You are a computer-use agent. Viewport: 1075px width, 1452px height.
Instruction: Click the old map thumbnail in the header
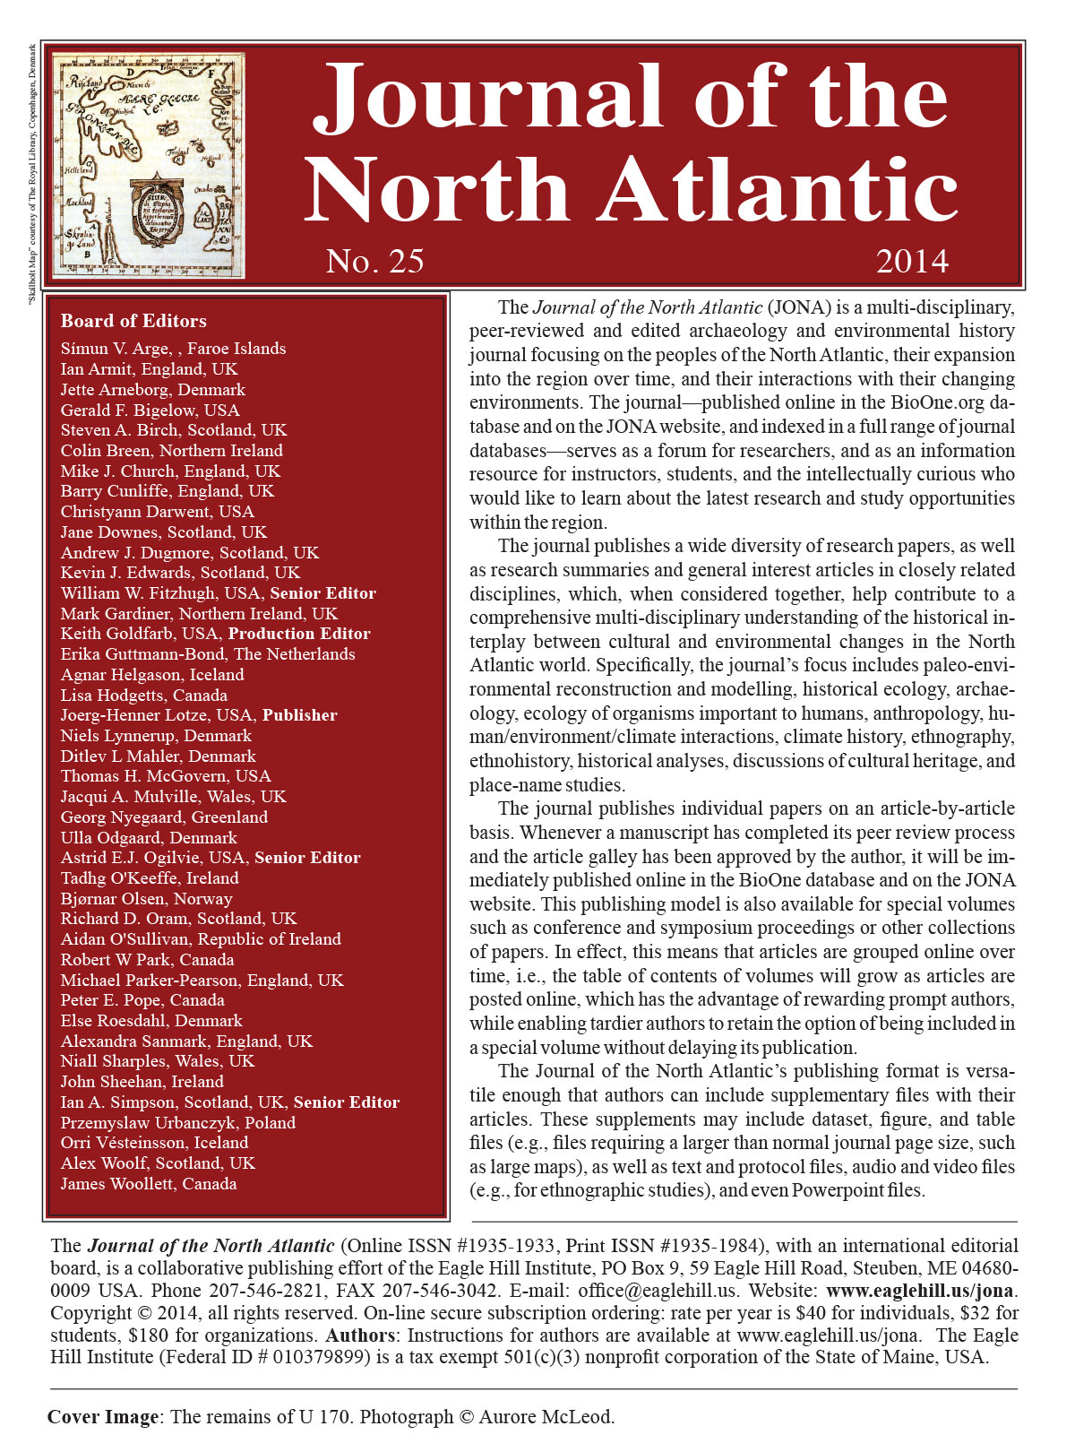149,165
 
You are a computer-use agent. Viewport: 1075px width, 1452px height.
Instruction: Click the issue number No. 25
374,261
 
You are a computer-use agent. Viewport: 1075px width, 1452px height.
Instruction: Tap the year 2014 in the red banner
911,261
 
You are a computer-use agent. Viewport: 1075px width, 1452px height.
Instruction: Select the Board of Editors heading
133,321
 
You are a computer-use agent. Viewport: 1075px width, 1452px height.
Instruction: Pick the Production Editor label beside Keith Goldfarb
299,634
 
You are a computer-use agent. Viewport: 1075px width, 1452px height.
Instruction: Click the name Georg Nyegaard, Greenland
164,817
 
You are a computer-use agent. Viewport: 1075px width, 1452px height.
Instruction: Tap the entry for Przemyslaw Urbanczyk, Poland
177,1123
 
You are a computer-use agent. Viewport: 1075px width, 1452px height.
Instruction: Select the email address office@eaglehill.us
658,1292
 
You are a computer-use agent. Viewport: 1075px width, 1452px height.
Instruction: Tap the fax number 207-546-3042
440,1292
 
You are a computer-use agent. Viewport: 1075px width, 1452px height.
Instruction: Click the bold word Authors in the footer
360,1335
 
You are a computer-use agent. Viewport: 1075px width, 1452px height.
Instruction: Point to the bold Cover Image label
102,1417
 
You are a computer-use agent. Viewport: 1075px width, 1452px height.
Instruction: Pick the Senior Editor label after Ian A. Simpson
346,1102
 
